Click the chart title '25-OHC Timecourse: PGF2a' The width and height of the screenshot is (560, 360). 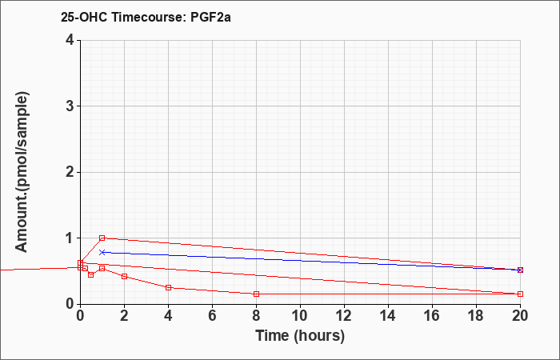point(146,17)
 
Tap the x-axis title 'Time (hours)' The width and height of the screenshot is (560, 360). point(300,336)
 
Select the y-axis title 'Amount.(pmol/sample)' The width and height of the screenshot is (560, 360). point(22,172)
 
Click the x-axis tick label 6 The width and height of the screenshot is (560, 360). point(212,316)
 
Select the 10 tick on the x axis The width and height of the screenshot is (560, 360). point(300,316)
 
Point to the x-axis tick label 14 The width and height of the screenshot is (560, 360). point(388,316)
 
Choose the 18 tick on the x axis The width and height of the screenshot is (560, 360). point(476,316)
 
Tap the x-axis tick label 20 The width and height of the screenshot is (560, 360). point(520,316)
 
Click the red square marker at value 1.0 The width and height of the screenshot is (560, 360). point(102,238)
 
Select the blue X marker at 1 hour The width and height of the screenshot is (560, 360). point(102,252)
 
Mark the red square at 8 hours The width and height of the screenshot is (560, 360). point(256,294)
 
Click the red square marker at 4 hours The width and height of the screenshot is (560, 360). point(169,287)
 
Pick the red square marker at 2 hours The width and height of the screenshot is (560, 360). point(124,277)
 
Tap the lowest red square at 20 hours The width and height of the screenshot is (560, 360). point(520,294)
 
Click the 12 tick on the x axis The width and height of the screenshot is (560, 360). point(344,316)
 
